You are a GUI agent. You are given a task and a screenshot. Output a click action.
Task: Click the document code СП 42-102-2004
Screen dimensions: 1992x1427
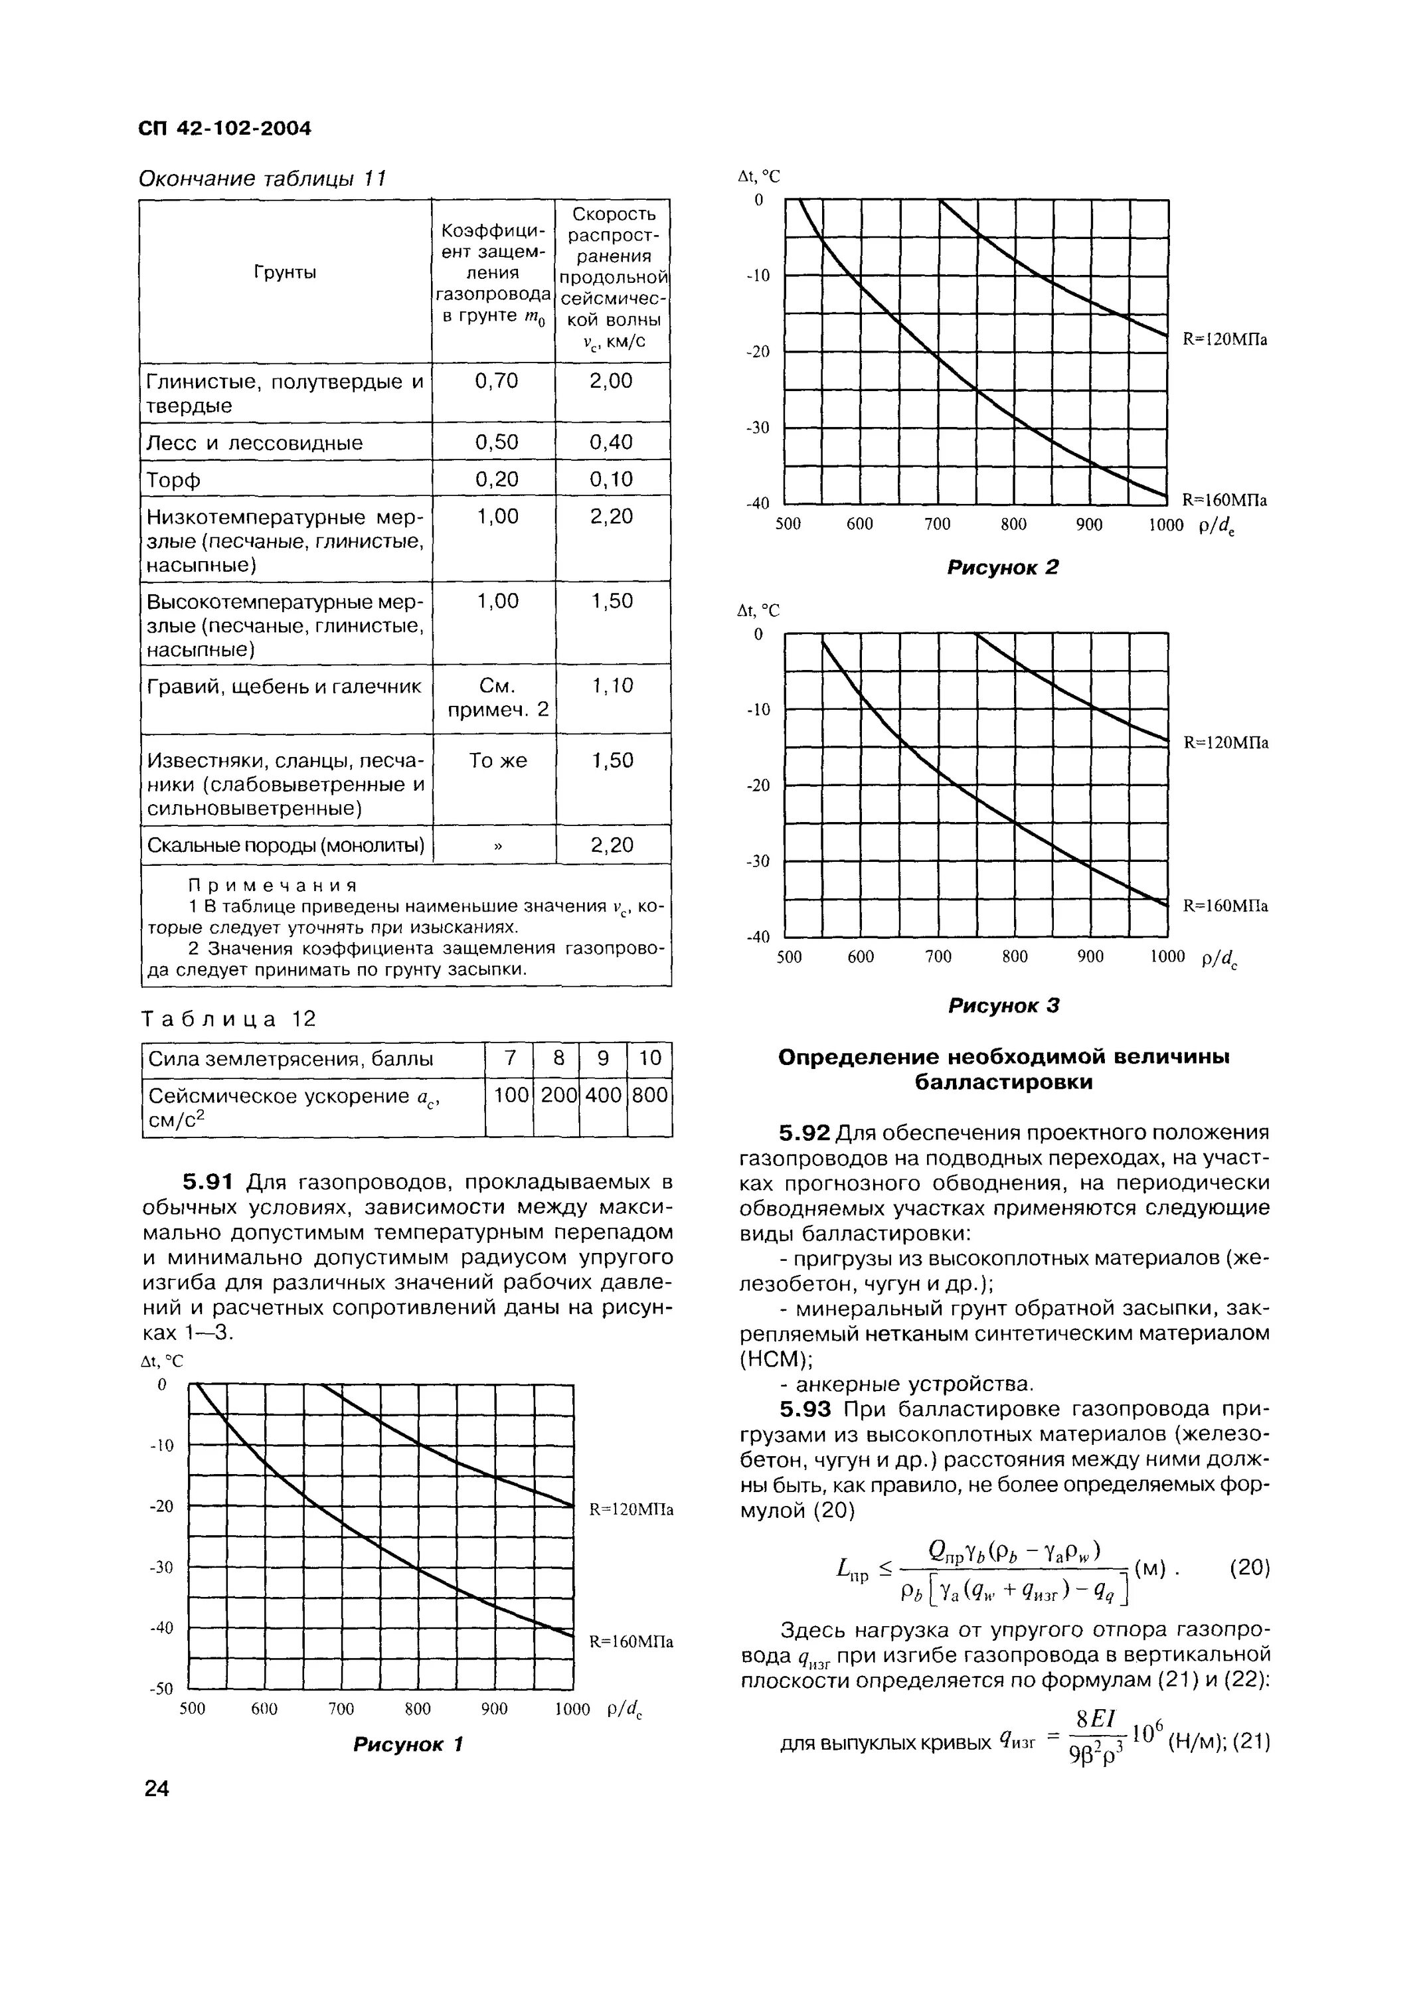point(225,128)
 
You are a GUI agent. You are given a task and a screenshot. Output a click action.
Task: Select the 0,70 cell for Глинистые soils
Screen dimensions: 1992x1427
point(496,380)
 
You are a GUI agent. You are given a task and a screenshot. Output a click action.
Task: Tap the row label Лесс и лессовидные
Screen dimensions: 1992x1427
point(255,443)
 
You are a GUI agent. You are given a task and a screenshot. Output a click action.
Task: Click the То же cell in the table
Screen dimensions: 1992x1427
point(497,761)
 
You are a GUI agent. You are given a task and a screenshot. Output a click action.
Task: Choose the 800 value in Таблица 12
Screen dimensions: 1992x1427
point(650,1095)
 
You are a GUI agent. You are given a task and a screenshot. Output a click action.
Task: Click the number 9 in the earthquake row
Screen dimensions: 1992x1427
point(602,1058)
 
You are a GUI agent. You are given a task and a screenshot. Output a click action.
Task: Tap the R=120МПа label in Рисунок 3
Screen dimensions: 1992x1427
point(1226,743)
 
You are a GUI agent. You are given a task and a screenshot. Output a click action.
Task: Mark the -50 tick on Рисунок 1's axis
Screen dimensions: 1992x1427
point(163,1689)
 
